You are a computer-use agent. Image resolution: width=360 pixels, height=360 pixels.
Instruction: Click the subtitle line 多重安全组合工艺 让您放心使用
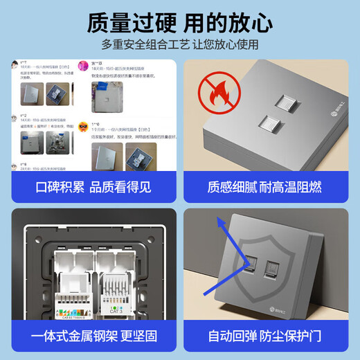coord(180,45)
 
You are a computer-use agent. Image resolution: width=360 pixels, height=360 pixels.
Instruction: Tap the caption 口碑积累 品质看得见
coord(93,187)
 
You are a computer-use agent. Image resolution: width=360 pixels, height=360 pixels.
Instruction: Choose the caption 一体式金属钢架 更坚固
coord(93,336)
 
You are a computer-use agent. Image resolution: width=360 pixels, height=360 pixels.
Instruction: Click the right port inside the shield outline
coord(271,265)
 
